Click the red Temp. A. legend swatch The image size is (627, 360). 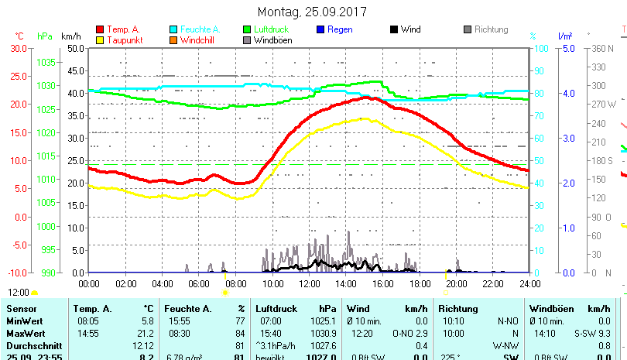[100, 29]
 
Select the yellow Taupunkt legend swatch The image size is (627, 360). [100, 39]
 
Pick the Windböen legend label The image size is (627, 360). [272, 39]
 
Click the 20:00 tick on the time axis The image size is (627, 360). [456, 283]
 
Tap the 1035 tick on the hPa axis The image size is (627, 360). [46, 62]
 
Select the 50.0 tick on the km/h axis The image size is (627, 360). [75, 48]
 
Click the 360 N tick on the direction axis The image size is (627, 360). [601, 48]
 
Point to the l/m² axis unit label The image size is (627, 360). [564, 36]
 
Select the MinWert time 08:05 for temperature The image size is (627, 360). [88, 321]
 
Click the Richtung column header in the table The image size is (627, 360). [458, 309]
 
